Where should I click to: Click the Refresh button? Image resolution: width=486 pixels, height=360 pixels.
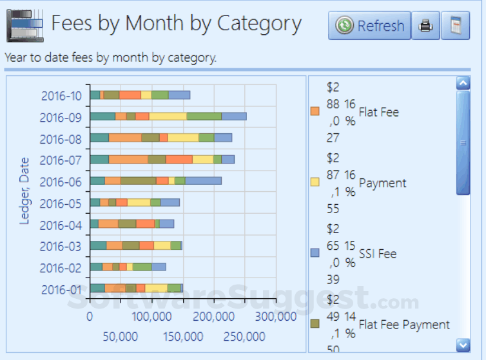(x=369, y=26)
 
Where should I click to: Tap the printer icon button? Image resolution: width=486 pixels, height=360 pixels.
(x=425, y=26)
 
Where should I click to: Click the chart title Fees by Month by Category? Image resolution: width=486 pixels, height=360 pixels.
(x=176, y=23)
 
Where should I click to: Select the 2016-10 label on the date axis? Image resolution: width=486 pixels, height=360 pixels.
(x=61, y=96)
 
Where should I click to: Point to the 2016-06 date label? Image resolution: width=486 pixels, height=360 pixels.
(x=61, y=182)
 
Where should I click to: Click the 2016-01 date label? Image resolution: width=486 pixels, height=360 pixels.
(x=61, y=290)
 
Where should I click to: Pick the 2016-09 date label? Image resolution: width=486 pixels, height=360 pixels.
(x=61, y=118)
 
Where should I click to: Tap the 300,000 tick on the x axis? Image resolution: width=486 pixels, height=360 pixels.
(x=275, y=317)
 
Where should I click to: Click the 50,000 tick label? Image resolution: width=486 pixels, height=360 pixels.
(x=121, y=337)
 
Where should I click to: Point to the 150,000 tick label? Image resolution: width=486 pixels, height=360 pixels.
(x=184, y=337)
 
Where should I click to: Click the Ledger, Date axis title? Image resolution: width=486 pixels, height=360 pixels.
(x=24, y=191)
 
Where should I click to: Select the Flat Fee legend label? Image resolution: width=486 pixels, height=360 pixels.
(x=378, y=112)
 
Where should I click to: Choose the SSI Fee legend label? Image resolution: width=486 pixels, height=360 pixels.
(x=377, y=254)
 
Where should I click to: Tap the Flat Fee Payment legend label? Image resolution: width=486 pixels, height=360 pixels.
(x=404, y=324)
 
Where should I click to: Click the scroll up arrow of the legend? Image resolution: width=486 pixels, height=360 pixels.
(x=463, y=83)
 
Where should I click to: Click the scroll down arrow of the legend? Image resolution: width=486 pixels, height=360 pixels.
(x=463, y=345)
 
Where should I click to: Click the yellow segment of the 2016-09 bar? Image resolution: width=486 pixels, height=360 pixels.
(x=168, y=117)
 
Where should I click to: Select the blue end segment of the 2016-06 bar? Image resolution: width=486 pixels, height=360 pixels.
(x=203, y=181)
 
